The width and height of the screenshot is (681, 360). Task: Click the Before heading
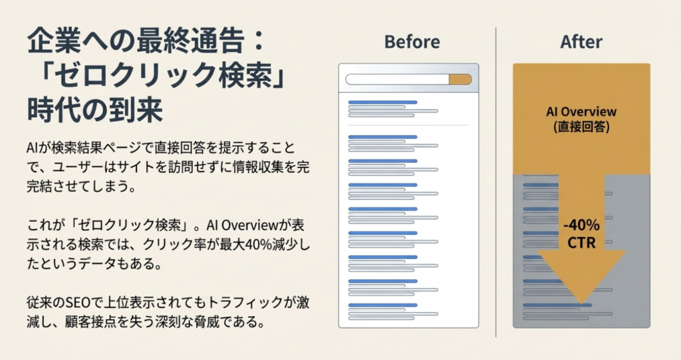[x=412, y=42]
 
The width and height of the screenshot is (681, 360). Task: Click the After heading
[x=581, y=42]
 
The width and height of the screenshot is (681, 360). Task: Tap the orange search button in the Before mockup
[x=460, y=80]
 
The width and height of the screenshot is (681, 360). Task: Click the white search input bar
[x=398, y=80]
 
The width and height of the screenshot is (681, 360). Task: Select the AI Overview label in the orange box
[x=581, y=112]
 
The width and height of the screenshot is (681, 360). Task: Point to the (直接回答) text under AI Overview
[x=581, y=127]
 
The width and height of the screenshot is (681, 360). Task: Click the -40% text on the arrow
[x=581, y=225]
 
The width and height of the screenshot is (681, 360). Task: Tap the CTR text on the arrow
[x=581, y=243]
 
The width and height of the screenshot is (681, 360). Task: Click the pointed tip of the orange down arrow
[x=581, y=303]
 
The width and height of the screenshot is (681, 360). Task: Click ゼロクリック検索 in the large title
[x=163, y=76]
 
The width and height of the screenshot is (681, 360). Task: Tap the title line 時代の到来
[x=94, y=110]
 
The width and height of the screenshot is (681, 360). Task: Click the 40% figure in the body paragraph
[x=259, y=245]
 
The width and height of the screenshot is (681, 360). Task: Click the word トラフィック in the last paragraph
[x=245, y=302]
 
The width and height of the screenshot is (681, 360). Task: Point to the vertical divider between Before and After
[x=495, y=182]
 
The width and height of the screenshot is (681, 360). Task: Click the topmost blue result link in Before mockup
[x=382, y=102]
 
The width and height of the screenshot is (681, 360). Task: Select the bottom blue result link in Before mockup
[x=382, y=305]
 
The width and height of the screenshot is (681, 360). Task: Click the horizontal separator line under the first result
[x=409, y=125]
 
